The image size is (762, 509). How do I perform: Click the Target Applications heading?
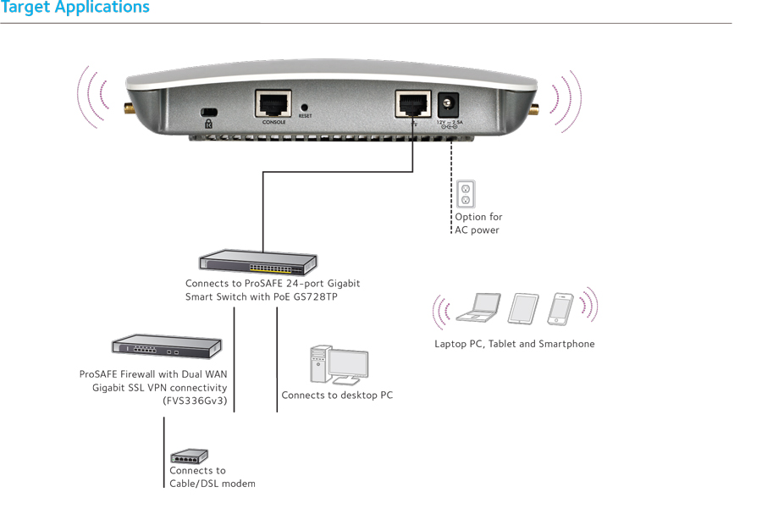click(x=75, y=8)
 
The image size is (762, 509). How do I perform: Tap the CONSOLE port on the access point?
click(x=273, y=104)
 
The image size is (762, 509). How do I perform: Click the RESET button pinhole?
click(x=305, y=108)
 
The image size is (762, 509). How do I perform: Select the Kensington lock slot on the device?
click(x=207, y=113)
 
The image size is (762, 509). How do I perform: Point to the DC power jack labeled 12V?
click(x=447, y=106)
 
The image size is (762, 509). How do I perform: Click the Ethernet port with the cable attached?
click(x=412, y=105)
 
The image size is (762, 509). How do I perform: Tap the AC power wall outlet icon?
click(x=464, y=195)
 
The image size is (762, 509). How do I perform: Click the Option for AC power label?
click(x=478, y=224)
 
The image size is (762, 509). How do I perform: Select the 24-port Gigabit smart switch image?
click(x=257, y=263)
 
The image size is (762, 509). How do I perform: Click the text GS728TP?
click(x=313, y=297)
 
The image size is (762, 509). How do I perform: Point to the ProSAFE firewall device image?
click(x=167, y=346)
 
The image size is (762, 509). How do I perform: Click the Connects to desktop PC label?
click(x=337, y=396)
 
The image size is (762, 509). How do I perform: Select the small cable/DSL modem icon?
click(x=189, y=456)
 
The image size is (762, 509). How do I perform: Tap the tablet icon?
click(x=523, y=309)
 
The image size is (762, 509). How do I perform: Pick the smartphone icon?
click(x=560, y=308)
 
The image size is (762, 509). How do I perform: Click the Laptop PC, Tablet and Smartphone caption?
click(x=514, y=344)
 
